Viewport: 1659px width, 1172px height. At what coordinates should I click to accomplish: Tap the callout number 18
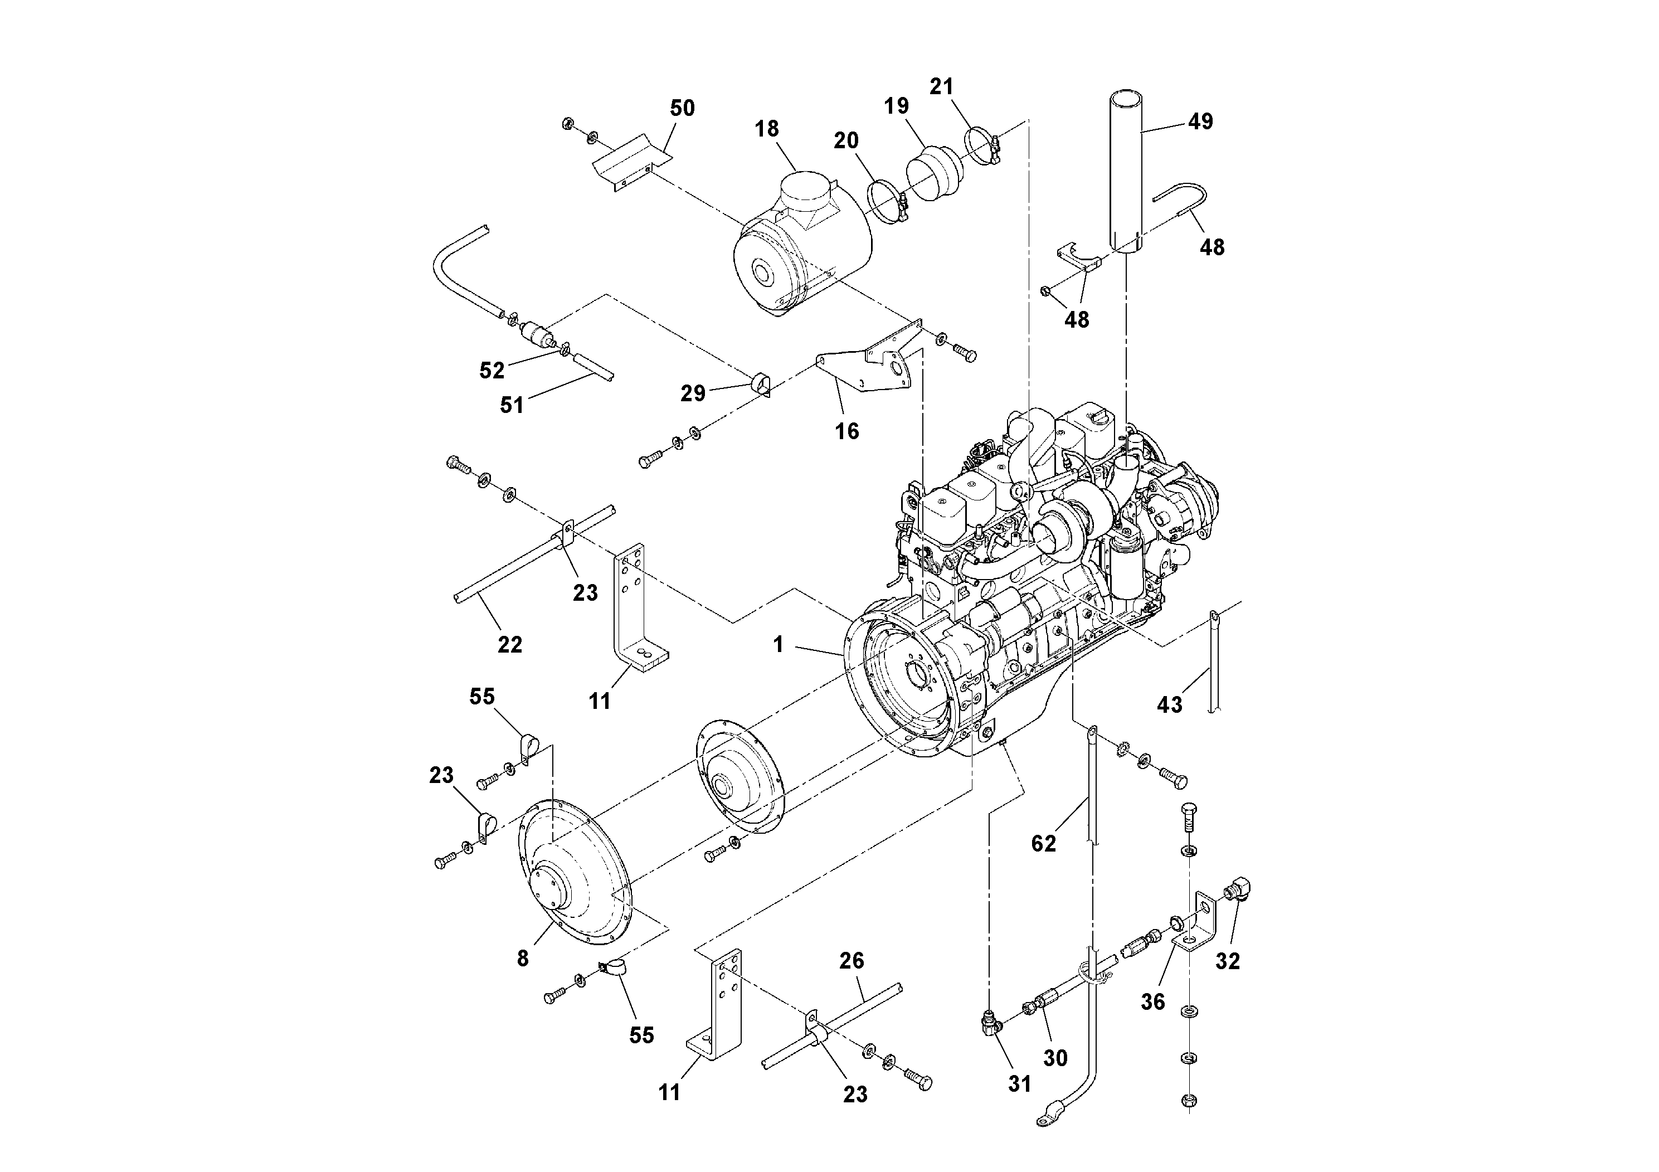tap(767, 129)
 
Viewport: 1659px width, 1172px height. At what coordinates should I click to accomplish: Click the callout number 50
tap(682, 108)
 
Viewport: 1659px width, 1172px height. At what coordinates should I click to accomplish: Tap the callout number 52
tap(492, 370)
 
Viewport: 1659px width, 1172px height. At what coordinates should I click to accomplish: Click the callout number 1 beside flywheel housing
tap(778, 644)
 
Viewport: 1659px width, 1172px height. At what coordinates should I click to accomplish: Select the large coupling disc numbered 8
tap(575, 878)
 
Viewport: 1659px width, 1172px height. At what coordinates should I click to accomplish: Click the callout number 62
tap(1043, 843)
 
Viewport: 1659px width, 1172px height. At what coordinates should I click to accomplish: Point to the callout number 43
tap(1169, 704)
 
